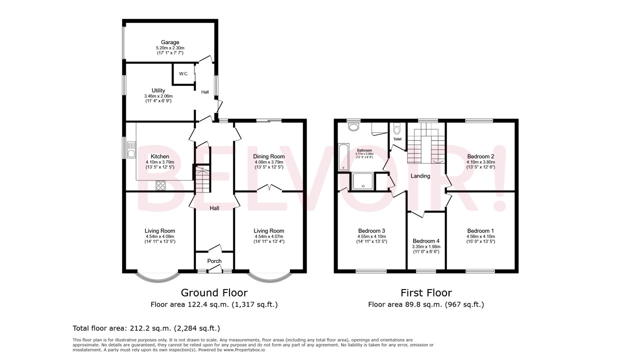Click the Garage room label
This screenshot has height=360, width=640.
pyautogui.click(x=170, y=42)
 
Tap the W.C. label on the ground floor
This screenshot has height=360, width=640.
pyautogui.click(x=183, y=74)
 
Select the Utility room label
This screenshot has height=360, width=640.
pyautogui.click(x=158, y=90)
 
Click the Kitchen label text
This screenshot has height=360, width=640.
pyautogui.click(x=160, y=156)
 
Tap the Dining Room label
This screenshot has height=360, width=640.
pyautogui.click(x=268, y=156)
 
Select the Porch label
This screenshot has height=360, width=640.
pyautogui.click(x=214, y=261)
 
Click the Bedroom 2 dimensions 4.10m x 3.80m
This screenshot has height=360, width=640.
pyautogui.click(x=480, y=162)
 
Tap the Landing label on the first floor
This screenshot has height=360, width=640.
pyautogui.click(x=420, y=176)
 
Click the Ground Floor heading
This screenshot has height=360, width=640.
pyautogui.click(x=214, y=293)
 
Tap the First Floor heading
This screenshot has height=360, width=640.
pyautogui.click(x=426, y=293)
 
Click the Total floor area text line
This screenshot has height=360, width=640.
pyautogui.click(x=146, y=328)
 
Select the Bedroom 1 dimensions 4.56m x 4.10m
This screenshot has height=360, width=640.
pyautogui.click(x=480, y=236)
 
